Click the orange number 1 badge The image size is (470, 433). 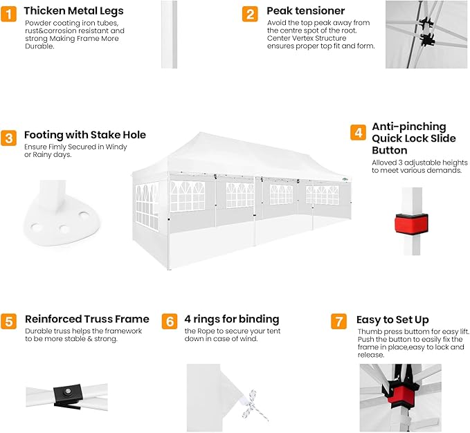[9, 14]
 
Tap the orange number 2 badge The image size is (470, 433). [250, 14]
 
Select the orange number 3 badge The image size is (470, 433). [9, 138]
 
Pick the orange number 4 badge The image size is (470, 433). [358, 132]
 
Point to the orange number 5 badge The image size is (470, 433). [9, 322]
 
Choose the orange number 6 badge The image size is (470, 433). [170, 322]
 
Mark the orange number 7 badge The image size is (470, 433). [338, 322]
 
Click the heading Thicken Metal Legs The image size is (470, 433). [74, 11]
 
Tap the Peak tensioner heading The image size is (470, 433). [306, 11]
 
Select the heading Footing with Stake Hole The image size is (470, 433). [85, 135]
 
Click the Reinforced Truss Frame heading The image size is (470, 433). [87, 319]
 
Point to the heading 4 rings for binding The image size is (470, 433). [232, 319]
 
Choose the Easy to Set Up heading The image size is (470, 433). [392, 320]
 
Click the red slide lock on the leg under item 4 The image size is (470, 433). [411, 223]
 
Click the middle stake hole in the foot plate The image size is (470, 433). [64, 230]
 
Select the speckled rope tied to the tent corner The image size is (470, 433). [253, 406]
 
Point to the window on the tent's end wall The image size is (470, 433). [147, 207]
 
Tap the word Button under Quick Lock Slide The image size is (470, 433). [390, 150]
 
